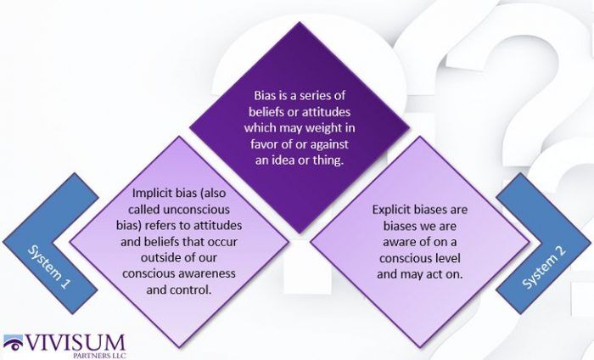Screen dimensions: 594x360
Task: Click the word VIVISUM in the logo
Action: coord(75,343)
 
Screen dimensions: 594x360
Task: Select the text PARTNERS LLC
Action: coord(99,356)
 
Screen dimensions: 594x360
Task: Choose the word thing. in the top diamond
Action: coord(328,160)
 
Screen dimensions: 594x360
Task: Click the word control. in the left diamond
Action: coord(192,290)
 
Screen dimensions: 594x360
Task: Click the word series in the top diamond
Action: coord(315,95)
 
